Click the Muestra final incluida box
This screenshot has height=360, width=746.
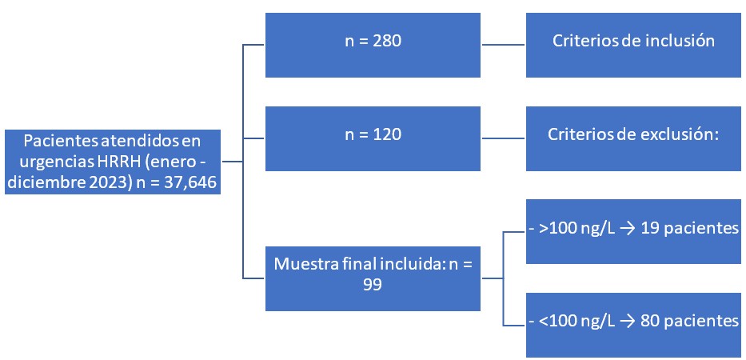(x=372, y=278)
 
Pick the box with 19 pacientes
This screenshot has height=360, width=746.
(x=634, y=229)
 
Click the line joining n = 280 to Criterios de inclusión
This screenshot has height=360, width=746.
(x=502, y=45)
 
